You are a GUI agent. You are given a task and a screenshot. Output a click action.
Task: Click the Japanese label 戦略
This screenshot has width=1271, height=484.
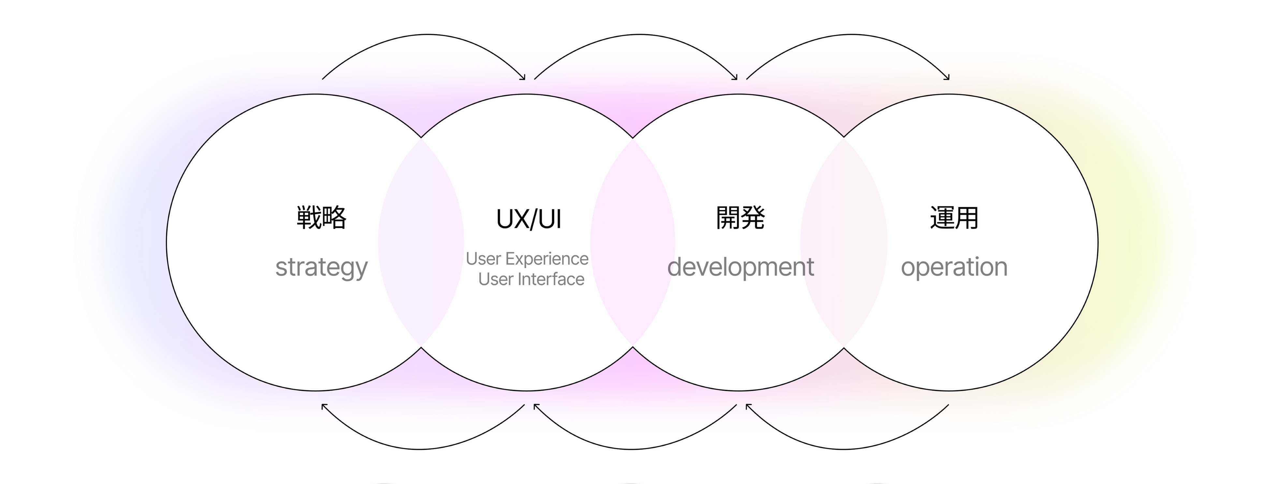[321, 218]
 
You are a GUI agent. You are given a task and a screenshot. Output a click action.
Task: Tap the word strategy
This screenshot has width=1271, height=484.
[321, 268]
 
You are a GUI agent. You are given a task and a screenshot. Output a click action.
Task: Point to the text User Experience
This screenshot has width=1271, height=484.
[527, 259]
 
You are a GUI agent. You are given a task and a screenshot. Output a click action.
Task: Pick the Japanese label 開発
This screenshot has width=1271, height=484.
[740, 218]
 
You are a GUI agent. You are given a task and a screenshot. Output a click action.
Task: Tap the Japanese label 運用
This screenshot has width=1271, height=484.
[954, 218]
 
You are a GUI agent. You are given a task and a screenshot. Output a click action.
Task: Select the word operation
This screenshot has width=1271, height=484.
[954, 267]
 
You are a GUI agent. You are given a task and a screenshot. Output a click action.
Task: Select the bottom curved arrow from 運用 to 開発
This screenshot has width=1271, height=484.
[844, 449]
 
